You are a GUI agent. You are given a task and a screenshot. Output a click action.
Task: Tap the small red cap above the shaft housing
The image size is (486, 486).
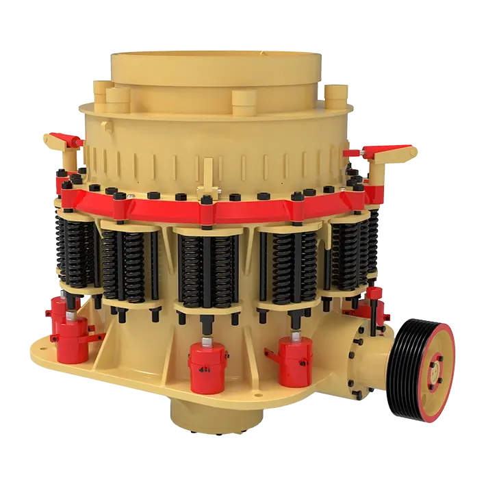[374, 293]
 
